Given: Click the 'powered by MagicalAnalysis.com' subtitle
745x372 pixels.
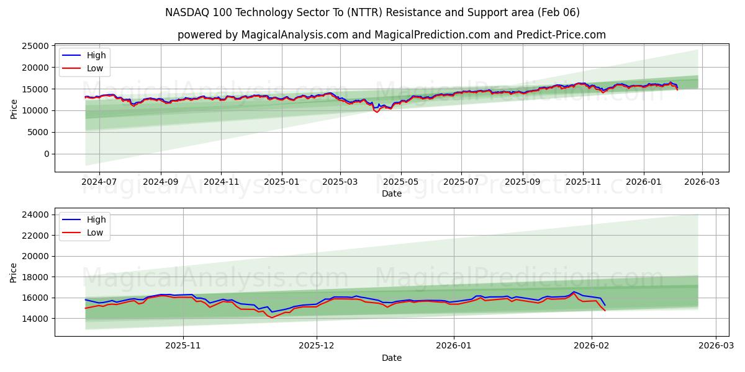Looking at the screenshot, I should click(x=391, y=35).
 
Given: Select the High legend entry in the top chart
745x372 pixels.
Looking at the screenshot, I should click(x=96, y=55).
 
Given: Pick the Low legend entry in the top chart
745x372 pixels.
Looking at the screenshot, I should click(x=94, y=68).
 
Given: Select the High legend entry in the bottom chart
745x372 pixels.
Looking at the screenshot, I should click(x=96, y=219).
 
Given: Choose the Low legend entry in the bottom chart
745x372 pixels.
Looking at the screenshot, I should click(x=94, y=232).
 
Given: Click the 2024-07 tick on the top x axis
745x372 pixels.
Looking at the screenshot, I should click(x=99, y=182).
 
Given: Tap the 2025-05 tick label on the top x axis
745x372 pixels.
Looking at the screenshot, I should click(x=400, y=182).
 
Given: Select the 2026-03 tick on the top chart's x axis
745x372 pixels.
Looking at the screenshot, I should click(x=702, y=182).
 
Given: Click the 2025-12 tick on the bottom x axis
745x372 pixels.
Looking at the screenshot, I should click(x=317, y=346).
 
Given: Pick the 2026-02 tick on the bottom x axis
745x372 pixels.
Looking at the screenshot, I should click(x=591, y=346).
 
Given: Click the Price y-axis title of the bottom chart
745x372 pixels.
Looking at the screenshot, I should click(x=14, y=272).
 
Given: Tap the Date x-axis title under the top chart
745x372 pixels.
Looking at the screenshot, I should click(x=391, y=193).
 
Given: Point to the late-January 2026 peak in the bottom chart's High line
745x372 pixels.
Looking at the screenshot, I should click(x=574, y=291).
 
